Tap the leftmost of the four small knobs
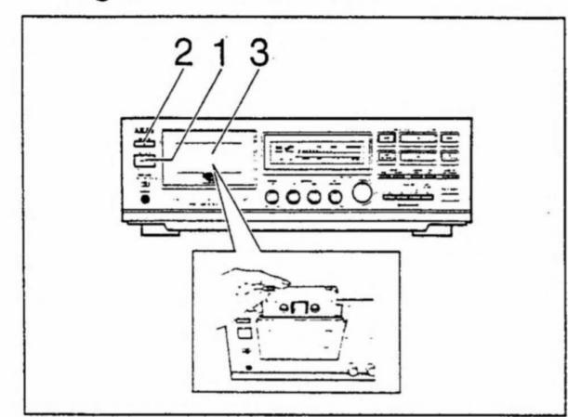point(272,197)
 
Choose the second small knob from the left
point(294,197)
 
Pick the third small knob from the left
point(314,197)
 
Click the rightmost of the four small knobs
point(335,197)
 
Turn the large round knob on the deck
point(361,193)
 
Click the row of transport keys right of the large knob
point(408,196)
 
